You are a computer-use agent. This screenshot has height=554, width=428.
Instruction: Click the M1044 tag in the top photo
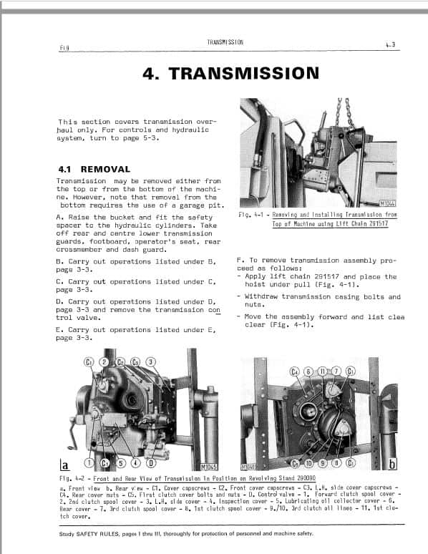388,203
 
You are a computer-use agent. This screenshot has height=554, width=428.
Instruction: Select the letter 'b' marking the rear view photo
391,465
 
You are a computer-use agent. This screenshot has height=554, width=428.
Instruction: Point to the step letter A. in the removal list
59,217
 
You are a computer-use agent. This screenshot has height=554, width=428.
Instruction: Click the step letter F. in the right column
239,261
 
